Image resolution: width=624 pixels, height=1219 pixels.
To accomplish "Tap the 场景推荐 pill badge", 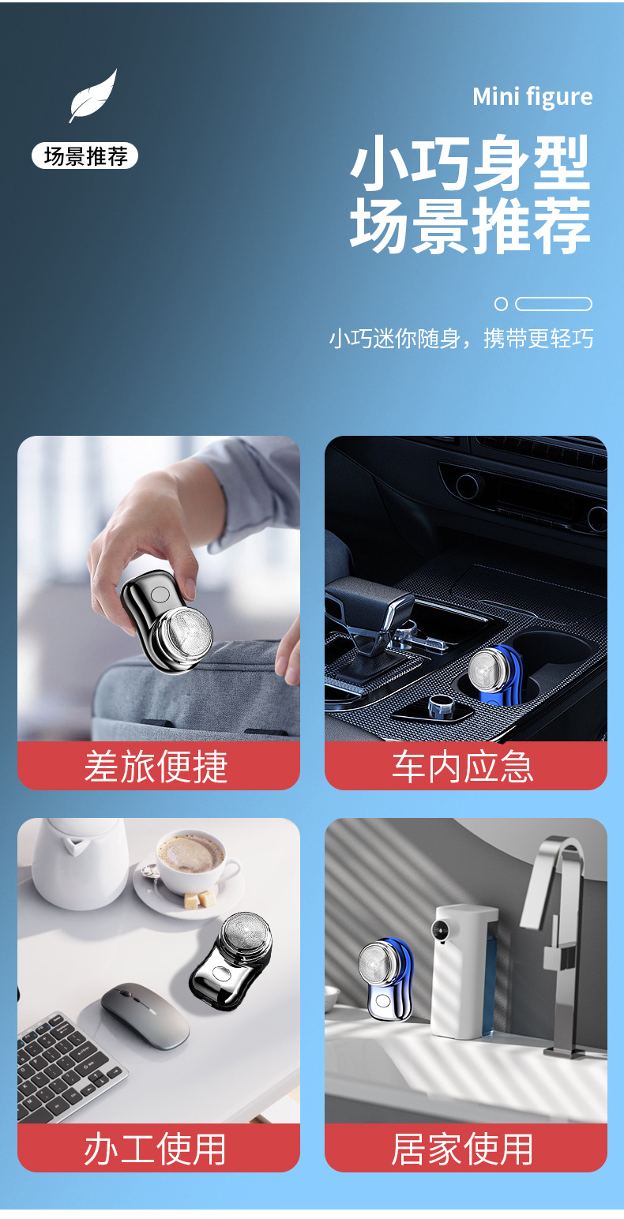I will [85, 156].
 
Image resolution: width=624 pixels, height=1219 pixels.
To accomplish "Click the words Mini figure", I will [532, 97].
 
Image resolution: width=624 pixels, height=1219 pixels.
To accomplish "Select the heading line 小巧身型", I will [471, 163].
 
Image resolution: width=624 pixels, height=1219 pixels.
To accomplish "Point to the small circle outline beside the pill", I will [501, 304].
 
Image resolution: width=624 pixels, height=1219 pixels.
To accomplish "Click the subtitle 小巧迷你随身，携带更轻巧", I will [461, 339].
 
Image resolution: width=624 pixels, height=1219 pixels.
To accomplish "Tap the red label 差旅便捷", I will [158, 767].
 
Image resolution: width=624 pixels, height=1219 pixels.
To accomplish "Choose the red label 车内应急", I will [465, 767].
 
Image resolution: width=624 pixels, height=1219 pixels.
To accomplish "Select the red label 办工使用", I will [158, 1149].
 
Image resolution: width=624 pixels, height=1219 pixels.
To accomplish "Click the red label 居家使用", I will [465, 1149].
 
